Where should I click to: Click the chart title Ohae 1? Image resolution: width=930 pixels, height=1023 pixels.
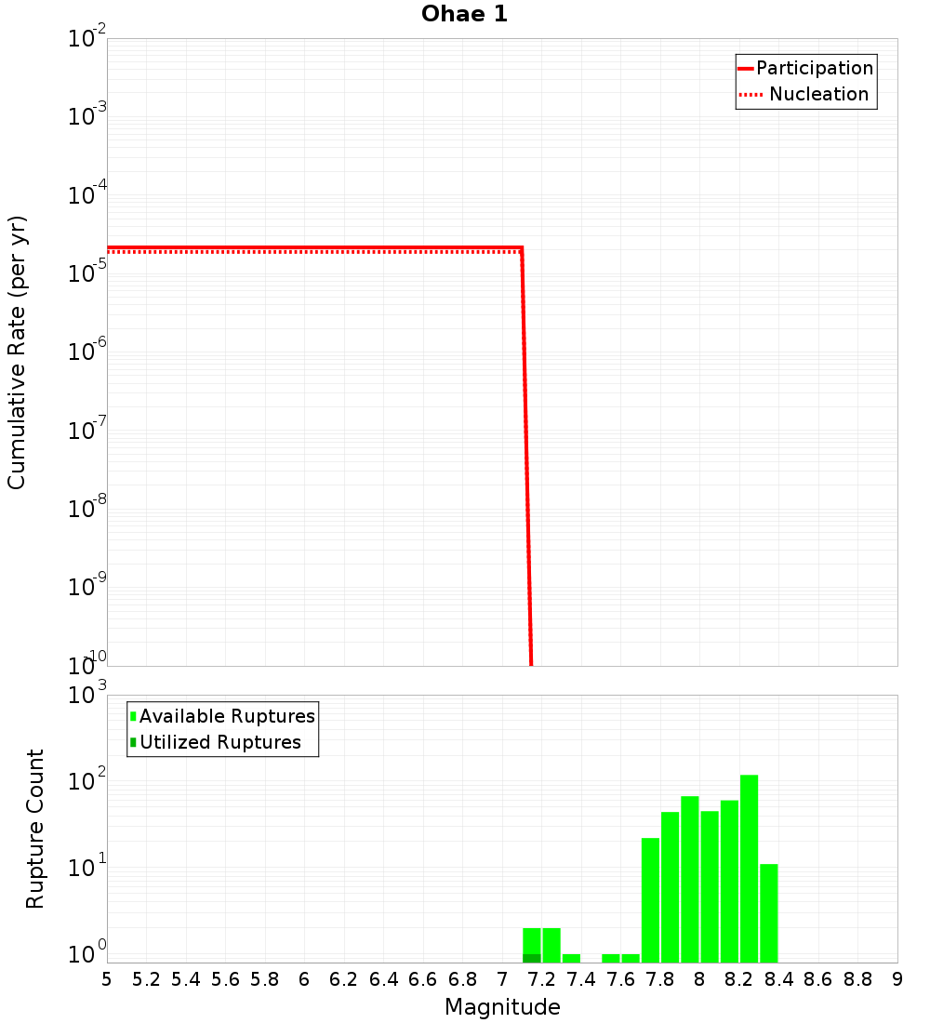click(464, 15)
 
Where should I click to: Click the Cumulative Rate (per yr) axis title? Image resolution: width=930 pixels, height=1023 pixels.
click(17, 352)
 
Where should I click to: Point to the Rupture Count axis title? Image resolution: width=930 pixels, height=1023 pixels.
click(35, 829)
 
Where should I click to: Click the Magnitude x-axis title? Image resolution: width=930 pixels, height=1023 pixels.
click(502, 1007)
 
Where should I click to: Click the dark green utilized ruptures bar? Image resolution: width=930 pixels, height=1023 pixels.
click(531, 958)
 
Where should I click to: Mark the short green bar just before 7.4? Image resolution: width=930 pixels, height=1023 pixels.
click(571, 958)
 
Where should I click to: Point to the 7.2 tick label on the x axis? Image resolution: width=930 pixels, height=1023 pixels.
click(541, 979)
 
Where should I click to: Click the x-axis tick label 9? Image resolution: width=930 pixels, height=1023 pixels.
click(897, 979)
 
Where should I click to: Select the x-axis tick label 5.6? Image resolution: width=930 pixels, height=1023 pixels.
click(225, 979)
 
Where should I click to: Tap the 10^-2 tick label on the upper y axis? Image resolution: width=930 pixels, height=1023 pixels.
click(87, 40)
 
